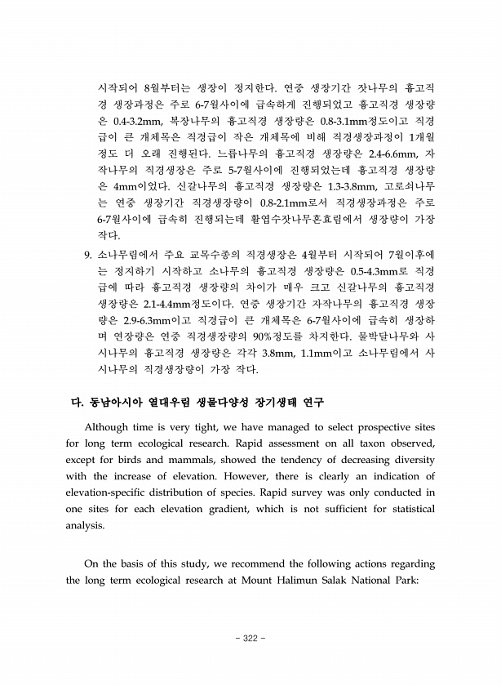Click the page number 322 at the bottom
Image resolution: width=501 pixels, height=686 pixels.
tap(250, 638)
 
